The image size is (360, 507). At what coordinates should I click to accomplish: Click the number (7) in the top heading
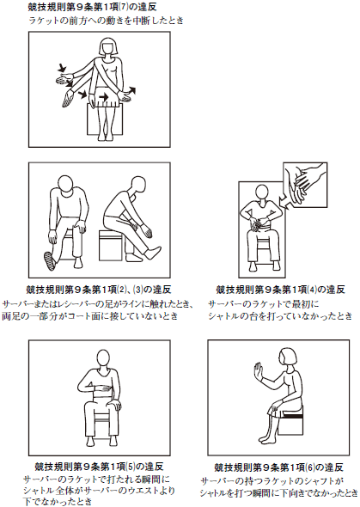124,7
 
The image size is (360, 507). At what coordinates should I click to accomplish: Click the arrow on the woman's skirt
104,97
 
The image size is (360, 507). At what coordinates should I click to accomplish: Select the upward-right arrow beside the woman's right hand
131,91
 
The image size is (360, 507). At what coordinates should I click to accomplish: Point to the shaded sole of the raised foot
49,261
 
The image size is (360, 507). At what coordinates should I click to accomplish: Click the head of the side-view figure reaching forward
136,185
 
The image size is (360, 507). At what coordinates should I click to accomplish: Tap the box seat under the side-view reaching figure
111,246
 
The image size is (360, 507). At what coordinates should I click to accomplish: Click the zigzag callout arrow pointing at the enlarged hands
284,200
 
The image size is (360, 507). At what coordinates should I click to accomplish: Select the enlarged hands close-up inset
305,185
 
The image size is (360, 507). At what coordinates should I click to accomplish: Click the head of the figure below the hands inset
262,192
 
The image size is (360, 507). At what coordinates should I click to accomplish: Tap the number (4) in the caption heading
312,289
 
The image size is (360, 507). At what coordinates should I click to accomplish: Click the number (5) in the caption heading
131,467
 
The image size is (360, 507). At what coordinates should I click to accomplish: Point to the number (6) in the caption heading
310,467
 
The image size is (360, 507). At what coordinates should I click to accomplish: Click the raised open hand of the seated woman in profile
258,371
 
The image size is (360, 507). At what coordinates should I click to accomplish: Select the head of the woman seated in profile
286,359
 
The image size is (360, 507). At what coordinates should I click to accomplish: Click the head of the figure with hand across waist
103,359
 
